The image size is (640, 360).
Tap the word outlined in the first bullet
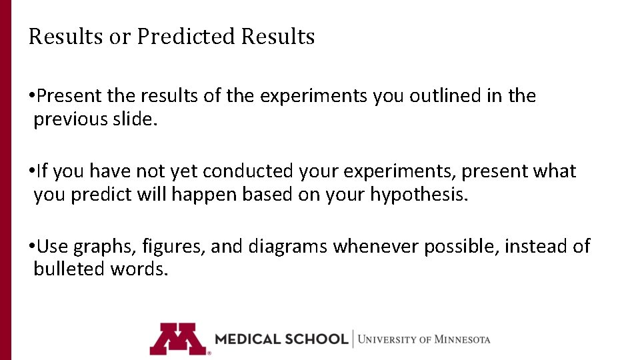[442, 96]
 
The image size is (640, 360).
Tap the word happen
[198, 195]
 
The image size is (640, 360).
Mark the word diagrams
[288, 247]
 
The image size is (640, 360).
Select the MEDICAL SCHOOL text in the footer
[281, 339]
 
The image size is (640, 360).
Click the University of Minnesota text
[424, 339]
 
